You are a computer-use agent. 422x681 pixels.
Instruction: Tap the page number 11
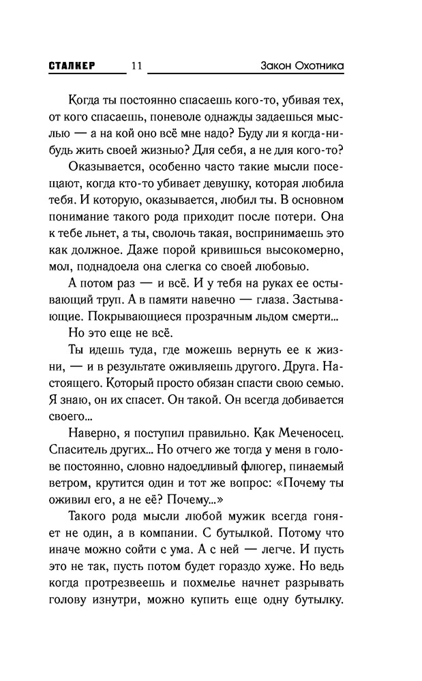135,66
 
